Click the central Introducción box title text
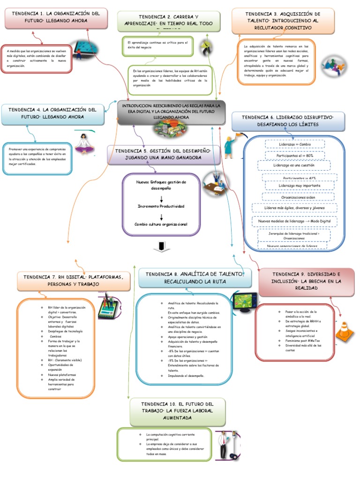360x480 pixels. click(x=171, y=112)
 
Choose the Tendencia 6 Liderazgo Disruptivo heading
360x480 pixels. click(x=288, y=121)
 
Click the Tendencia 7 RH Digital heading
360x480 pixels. click(x=73, y=281)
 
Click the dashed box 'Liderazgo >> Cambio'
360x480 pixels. click(x=294, y=144)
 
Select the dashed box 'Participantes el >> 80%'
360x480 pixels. click(x=295, y=155)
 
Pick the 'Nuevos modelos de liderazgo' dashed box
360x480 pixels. click(x=294, y=220)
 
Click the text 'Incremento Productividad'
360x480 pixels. click(x=161, y=206)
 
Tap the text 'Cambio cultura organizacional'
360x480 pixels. click(x=161, y=225)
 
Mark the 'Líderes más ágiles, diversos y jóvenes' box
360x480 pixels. click(x=294, y=208)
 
